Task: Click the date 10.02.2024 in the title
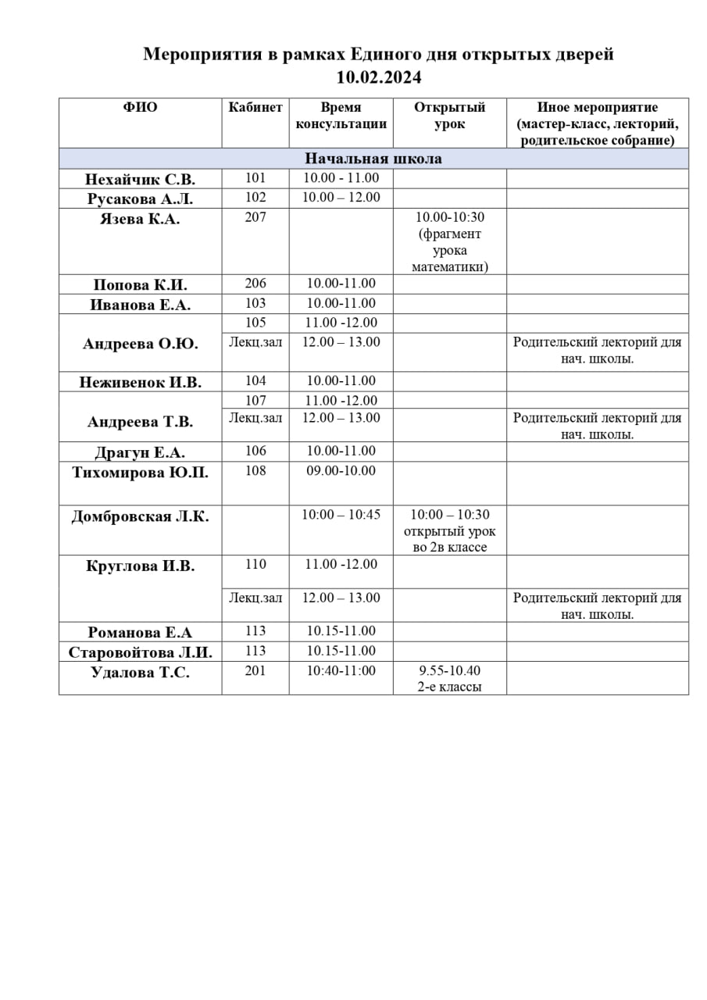point(378,77)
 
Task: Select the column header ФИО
point(140,108)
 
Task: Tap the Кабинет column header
point(255,108)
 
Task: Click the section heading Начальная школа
point(373,159)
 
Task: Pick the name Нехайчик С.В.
point(140,179)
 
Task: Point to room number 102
point(255,198)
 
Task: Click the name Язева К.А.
point(140,219)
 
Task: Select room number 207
point(255,217)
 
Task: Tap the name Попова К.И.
point(140,284)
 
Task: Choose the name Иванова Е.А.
point(140,305)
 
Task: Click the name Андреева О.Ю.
point(140,343)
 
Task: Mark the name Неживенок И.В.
point(140,382)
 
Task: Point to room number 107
point(255,400)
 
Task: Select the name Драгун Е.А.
point(140,452)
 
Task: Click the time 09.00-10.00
point(341,471)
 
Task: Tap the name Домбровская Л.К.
point(140,516)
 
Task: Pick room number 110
point(255,564)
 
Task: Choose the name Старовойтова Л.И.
point(140,652)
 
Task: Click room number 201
point(255,671)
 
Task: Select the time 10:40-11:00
point(341,671)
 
